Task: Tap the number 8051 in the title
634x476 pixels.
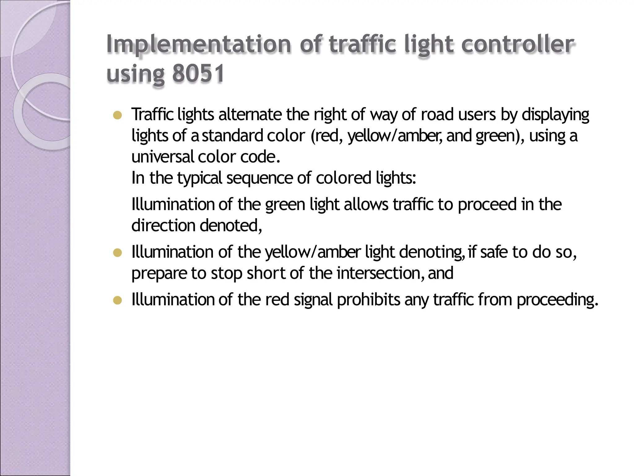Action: coord(198,74)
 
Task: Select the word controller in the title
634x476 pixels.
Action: coord(517,45)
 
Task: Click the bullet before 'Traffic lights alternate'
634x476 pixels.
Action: coord(117,116)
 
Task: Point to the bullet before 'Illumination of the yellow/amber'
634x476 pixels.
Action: coord(117,253)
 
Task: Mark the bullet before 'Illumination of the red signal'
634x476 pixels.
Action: coord(117,301)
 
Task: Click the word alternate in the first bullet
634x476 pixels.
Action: coord(250,115)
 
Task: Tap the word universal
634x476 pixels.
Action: coord(163,157)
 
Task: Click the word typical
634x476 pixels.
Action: coord(200,178)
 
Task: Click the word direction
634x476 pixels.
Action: coord(163,226)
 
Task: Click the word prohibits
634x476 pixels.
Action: coord(368,300)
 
